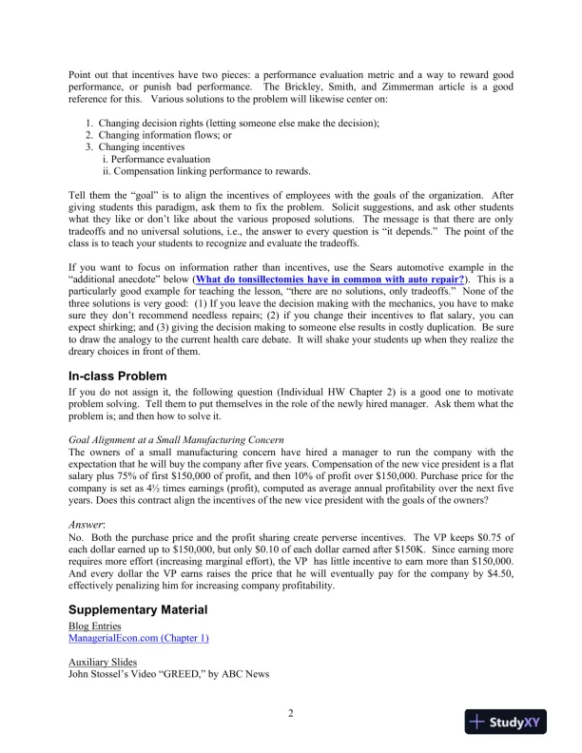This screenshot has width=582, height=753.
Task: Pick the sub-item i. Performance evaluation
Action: click(155, 159)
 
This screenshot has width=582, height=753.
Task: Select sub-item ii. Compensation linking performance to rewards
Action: click(205, 171)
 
